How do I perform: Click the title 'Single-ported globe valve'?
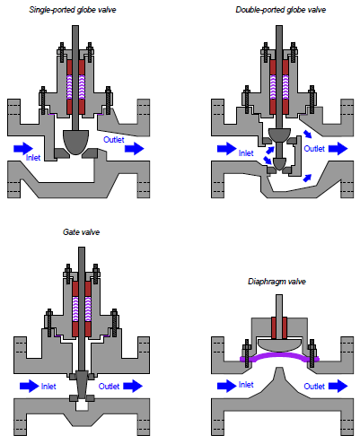point(73,10)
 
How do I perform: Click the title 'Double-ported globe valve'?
point(280,10)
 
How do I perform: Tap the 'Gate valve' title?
point(81,232)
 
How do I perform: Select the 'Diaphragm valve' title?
point(277,282)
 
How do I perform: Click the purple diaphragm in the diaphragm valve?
point(279,355)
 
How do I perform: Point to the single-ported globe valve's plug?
point(76,142)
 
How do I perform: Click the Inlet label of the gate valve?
point(48,387)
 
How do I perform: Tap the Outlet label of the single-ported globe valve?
point(113,140)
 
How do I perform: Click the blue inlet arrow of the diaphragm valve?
point(226,386)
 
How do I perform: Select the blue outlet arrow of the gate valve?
point(133,386)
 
